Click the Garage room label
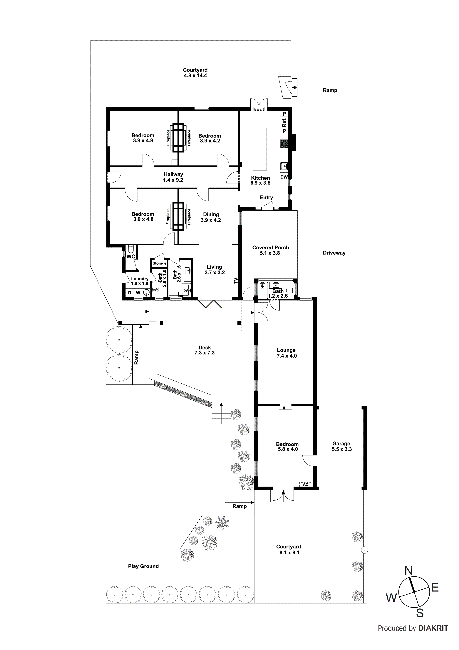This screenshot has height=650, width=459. [341, 444]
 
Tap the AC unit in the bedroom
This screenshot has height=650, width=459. [305, 484]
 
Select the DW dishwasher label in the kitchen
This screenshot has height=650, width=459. [284, 177]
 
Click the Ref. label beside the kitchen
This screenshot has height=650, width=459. [284, 122]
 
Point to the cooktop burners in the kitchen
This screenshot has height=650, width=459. [284, 144]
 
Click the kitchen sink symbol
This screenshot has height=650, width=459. [284, 166]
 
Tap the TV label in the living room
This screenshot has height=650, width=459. [236, 281]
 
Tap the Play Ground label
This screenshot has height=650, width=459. [143, 566]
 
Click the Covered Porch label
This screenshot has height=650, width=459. [271, 247]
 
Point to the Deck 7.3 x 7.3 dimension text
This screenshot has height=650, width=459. [205, 353]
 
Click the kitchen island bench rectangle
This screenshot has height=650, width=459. [260, 149]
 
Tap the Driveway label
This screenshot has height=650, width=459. [334, 253]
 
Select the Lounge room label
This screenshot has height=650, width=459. [286, 350]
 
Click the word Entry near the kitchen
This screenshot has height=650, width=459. [266, 198]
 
